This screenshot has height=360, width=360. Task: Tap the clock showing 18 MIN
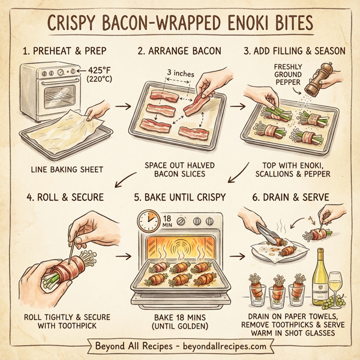[149, 222]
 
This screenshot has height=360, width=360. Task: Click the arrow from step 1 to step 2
[122, 107]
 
